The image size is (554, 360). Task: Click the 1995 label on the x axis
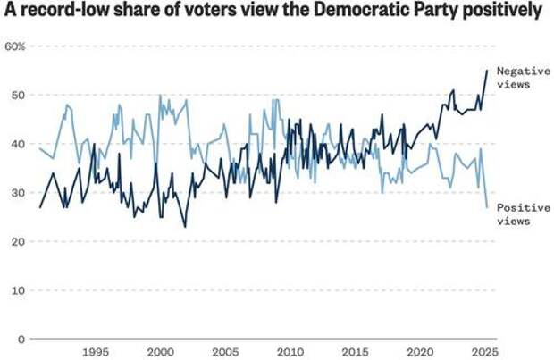tap(97, 352)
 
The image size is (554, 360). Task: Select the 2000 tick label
tap(161, 352)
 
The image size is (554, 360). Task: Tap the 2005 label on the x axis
tap(225, 352)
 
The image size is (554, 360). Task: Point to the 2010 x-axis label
tap(290, 352)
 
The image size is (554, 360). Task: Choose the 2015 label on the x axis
tap(354, 352)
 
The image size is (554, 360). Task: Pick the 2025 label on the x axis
tap(482, 352)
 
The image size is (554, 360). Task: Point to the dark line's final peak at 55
tap(487, 70)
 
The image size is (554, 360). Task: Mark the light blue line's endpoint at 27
tap(487, 207)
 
